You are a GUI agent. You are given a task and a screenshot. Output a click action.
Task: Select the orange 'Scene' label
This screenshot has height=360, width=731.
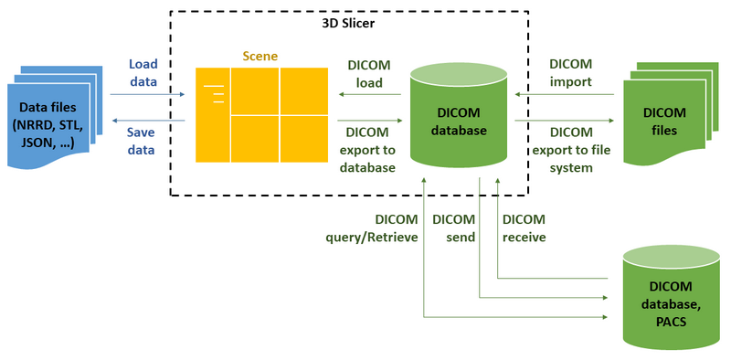(260, 56)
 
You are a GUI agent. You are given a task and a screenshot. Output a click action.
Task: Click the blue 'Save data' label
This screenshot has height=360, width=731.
(141, 142)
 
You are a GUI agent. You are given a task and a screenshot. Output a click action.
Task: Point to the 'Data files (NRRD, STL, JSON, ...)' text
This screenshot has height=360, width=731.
(52, 124)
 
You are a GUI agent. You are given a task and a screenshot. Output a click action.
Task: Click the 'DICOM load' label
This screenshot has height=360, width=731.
(370, 73)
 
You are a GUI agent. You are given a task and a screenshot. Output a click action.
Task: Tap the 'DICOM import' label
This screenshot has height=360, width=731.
(570, 73)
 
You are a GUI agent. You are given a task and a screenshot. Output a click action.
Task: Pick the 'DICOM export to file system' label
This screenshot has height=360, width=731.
(571, 150)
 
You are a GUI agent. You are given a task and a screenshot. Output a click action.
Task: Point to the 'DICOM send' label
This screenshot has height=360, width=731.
(453, 228)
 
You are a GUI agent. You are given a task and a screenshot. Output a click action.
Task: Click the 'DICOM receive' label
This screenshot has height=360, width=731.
(524, 228)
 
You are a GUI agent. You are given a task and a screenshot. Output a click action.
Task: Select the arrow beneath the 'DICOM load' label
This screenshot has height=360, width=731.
(370, 93)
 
